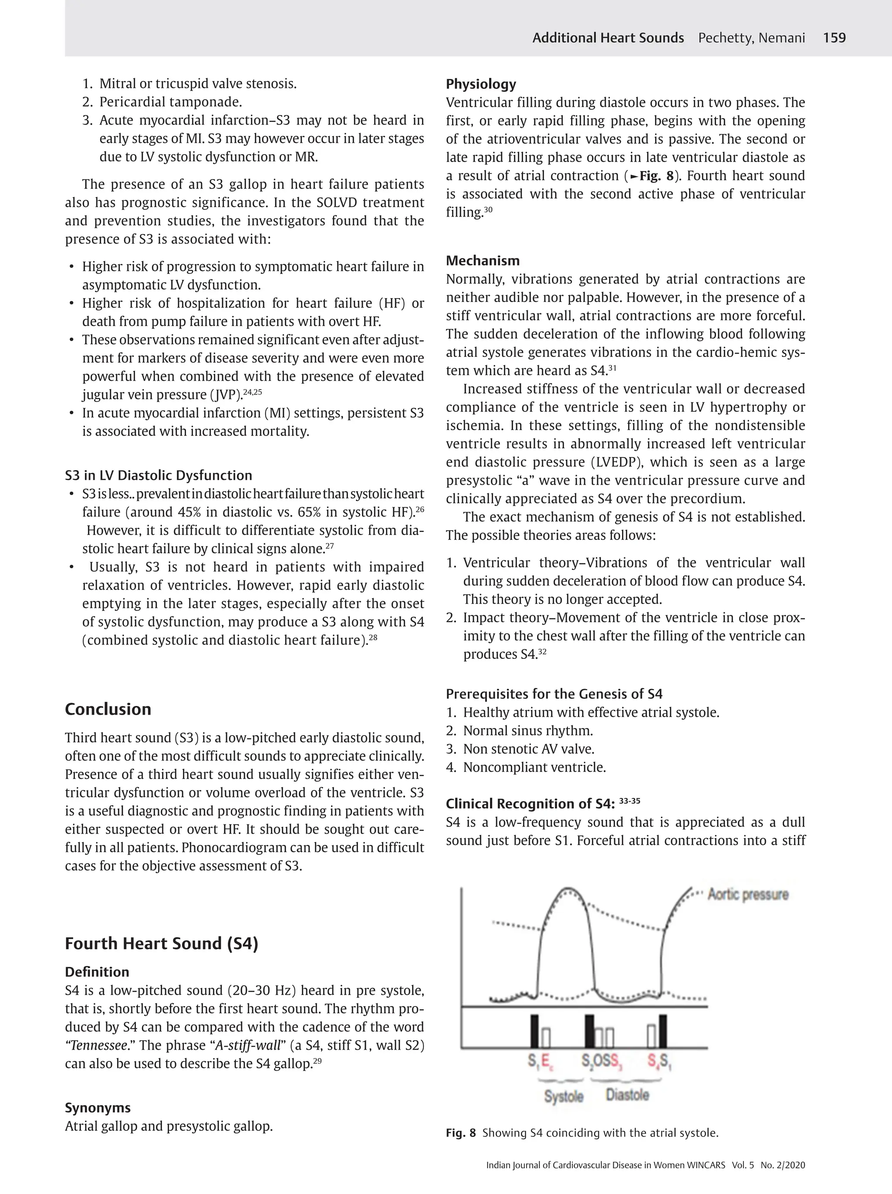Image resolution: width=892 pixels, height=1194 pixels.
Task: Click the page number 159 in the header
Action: coord(834,38)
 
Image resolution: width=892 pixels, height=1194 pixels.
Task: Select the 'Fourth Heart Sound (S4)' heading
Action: coord(161,943)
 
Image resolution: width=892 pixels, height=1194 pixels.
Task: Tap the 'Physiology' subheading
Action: coord(481,84)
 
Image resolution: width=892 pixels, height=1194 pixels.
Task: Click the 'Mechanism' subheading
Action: coord(483,261)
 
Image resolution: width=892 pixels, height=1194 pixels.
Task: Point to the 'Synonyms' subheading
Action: coord(98,1108)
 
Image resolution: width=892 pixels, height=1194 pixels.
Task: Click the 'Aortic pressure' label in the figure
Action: coord(748,895)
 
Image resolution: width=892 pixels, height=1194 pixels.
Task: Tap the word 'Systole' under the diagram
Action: coord(563,1096)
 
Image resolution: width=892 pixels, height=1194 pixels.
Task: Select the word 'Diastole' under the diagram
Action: coord(627,1095)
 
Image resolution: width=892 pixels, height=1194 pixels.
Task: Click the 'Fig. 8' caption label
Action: coord(461,1133)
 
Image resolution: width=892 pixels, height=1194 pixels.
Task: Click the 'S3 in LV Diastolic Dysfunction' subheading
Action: coord(158,475)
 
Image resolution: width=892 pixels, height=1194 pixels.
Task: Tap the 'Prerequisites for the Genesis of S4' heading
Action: coord(554,694)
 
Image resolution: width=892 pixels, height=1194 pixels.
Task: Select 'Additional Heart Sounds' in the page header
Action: coord(608,38)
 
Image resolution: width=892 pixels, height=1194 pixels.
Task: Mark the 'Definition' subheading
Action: coord(97,972)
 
